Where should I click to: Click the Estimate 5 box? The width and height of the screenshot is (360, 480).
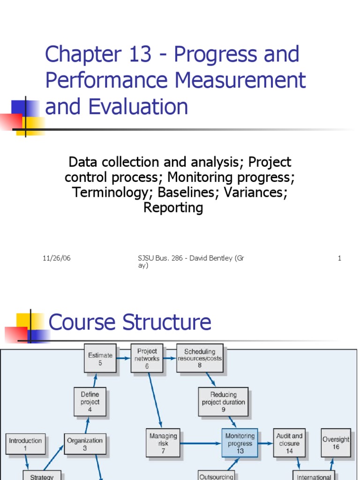coord(100,359)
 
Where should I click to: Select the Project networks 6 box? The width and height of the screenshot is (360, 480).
coord(147,359)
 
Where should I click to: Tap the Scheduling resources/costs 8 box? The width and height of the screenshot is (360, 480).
coord(200,359)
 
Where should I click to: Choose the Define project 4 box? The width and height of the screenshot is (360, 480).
coord(90,402)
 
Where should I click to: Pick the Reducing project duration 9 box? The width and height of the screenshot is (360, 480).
coord(223,402)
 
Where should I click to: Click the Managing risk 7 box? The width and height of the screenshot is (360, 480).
coord(163,443)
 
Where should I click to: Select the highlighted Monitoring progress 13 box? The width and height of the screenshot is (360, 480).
coord(240,443)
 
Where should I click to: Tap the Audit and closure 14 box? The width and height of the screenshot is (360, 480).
coord(289,443)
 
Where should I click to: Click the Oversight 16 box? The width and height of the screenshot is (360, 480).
coord(336,443)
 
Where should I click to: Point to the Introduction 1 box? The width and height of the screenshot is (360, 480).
coord(26,444)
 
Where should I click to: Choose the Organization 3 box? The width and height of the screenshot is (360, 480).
coord(84,444)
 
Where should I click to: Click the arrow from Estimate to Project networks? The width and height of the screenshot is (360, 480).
coord(123,359)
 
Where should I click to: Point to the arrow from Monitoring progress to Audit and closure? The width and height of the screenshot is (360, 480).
coord(266,443)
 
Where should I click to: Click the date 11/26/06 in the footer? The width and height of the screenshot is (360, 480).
coord(57,258)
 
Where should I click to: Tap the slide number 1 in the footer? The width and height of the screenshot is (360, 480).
coord(339,258)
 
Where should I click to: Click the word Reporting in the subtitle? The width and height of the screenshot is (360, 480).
coord(173,208)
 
